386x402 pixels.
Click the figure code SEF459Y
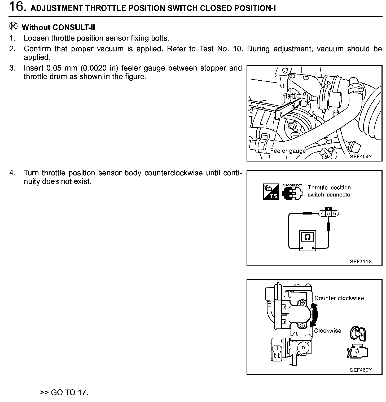(361, 156)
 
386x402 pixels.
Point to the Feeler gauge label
(288, 151)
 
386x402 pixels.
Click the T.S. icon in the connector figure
(271, 191)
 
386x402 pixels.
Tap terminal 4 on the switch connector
(322, 213)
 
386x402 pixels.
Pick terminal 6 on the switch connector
(335, 213)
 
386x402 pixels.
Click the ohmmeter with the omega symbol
(308, 238)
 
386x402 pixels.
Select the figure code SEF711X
(361, 262)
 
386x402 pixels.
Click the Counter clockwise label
(339, 298)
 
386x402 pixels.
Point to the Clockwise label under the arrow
(328, 331)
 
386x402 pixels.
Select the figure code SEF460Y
(361, 370)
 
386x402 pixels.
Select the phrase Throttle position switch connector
(330, 191)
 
